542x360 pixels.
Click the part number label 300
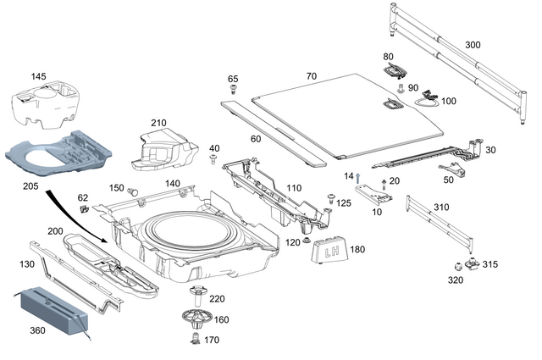473,44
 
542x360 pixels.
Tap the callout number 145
39,77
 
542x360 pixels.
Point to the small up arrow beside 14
358,176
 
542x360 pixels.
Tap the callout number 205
30,186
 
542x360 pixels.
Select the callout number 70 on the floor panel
311,76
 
